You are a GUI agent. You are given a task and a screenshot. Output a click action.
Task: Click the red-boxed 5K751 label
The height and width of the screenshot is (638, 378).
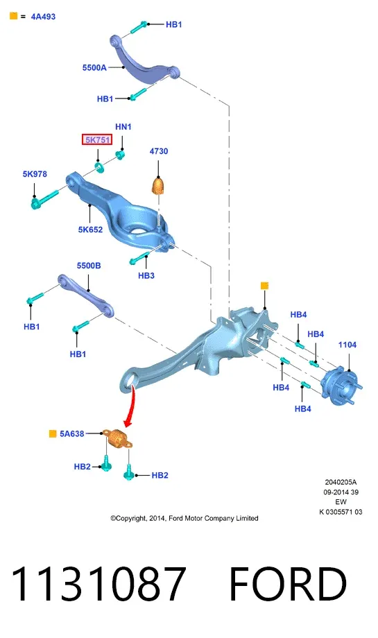tap(97, 140)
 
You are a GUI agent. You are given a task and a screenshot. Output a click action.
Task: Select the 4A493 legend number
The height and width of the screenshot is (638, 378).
tap(43, 17)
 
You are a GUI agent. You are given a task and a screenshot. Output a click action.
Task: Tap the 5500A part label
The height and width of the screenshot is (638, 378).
tap(94, 67)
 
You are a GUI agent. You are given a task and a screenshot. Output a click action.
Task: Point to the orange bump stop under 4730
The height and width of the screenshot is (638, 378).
tap(159, 186)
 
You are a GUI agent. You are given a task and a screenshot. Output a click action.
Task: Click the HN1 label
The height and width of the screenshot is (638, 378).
tap(123, 127)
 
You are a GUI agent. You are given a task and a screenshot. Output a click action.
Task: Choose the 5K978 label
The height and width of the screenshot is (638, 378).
tap(35, 174)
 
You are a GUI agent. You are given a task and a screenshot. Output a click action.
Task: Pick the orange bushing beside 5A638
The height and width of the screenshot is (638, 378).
tap(117, 438)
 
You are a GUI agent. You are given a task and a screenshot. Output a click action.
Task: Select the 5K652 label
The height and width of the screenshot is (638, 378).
tap(90, 230)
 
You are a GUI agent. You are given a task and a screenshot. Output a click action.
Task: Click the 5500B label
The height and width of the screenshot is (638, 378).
tap(89, 266)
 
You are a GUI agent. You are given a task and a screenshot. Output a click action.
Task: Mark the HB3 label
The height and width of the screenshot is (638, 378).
tap(146, 276)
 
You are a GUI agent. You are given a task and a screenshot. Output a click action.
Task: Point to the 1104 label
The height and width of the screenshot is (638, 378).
tap(347, 345)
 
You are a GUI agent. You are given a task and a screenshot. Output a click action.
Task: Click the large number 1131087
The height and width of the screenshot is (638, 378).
tap(99, 585)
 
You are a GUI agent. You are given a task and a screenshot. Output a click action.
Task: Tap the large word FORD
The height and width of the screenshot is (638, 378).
tap(288, 585)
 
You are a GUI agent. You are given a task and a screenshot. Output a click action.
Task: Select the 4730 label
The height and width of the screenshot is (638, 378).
tap(159, 151)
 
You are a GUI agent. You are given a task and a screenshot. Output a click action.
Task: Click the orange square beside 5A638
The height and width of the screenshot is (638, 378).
tap(53, 433)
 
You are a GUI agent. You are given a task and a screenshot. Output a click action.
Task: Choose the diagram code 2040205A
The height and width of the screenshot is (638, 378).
tap(341, 482)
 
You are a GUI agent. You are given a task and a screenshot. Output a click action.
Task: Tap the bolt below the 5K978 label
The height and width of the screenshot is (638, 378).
tap(44, 198)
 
